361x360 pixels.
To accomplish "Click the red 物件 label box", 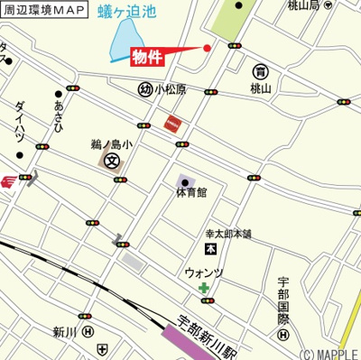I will click(x=147, y=57).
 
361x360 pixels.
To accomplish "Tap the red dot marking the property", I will click(x=207, y=48).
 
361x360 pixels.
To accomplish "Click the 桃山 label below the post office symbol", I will click(x=261, y=89).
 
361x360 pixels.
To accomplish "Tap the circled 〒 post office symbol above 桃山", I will click(x=261, y=72).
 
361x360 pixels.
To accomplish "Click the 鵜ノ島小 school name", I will click(x=111, y=143).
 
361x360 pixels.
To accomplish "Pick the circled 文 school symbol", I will click(x=111, y=162).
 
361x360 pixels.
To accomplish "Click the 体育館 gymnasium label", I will click(x=190, y=192).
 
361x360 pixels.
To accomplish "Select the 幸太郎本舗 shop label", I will click(x=227, y=234).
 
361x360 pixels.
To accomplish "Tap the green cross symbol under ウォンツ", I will click(x=205, y=288).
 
